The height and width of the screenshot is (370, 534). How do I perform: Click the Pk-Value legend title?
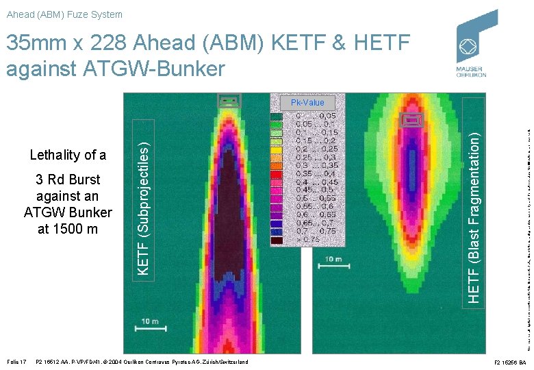[307, 103]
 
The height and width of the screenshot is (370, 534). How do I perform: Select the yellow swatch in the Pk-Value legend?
[277, 149]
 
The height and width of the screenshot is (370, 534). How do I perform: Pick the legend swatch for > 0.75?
[277, 240]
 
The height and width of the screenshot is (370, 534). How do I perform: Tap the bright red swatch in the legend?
[277, 174]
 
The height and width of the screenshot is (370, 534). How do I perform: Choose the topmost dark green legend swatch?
[277, 116]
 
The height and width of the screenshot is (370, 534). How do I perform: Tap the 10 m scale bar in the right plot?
[333, 263]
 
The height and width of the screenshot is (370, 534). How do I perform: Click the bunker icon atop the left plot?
[229, 101]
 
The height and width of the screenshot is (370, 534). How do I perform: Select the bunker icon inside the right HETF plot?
[411, 121]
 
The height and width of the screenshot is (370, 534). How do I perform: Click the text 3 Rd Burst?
[68, 180]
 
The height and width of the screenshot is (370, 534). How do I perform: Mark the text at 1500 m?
[68, 229]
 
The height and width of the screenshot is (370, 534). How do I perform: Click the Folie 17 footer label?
[16, 362]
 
